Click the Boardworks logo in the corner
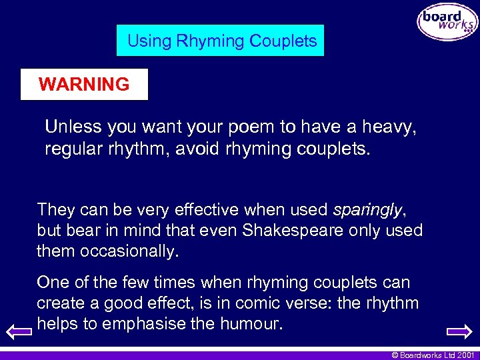(x=447, y=22)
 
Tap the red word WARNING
(x=84, y=85)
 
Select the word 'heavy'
(x=389, y=127)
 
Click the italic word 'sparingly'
(x=367, y=210)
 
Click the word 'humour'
(x=253, y=325)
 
